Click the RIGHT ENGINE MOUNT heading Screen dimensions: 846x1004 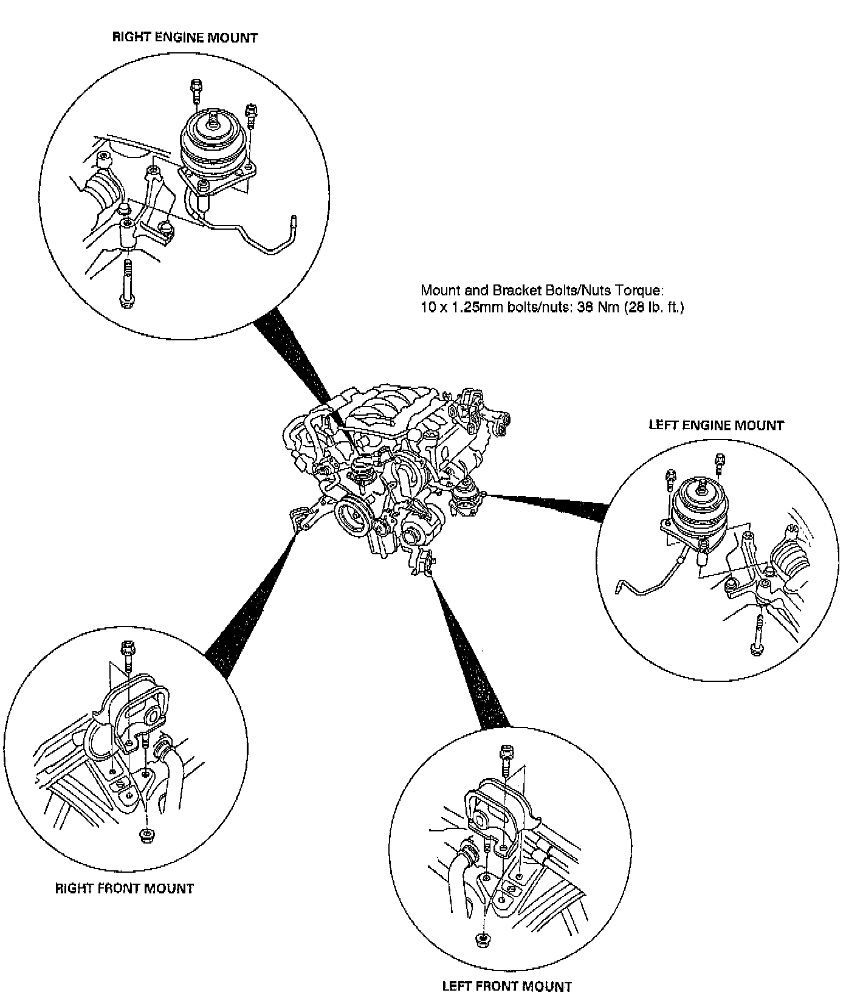(185, 38)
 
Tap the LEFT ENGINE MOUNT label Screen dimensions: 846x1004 (716, 425)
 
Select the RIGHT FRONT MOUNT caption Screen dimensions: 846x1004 (125, 889)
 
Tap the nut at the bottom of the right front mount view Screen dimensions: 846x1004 (146, 834)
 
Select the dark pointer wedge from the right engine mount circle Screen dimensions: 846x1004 (292, 352)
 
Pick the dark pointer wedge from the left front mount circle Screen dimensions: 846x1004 (468, 656)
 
